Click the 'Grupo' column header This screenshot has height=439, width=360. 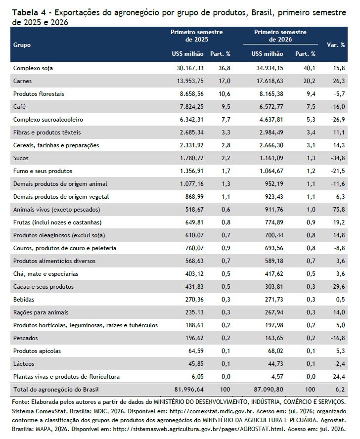coord(22,45)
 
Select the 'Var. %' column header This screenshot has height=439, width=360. coord(336,45)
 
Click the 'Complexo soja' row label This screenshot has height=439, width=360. coord(33,68)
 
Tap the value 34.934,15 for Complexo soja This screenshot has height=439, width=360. coord(270,68)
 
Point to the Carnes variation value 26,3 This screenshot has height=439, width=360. coord(339,81)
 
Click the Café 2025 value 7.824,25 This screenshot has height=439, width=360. coord(192,107)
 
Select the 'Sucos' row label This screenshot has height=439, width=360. coord(21,158)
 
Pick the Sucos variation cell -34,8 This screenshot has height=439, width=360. coord(338,158)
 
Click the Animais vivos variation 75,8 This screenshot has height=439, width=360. coord(339,210)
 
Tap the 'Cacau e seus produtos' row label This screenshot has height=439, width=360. coord(44,287)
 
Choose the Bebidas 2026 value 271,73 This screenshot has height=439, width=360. coord(274,300)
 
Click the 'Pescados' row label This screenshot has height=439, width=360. coord(26,338)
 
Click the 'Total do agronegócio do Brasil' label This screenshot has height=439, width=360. coord(56,390)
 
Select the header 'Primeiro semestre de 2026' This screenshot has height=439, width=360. coord(280,36)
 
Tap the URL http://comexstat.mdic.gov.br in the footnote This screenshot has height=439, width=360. coord(212,411)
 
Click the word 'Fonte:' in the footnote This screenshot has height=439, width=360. coord(20,402)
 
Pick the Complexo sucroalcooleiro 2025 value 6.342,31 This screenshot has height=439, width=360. coord(192,120)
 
